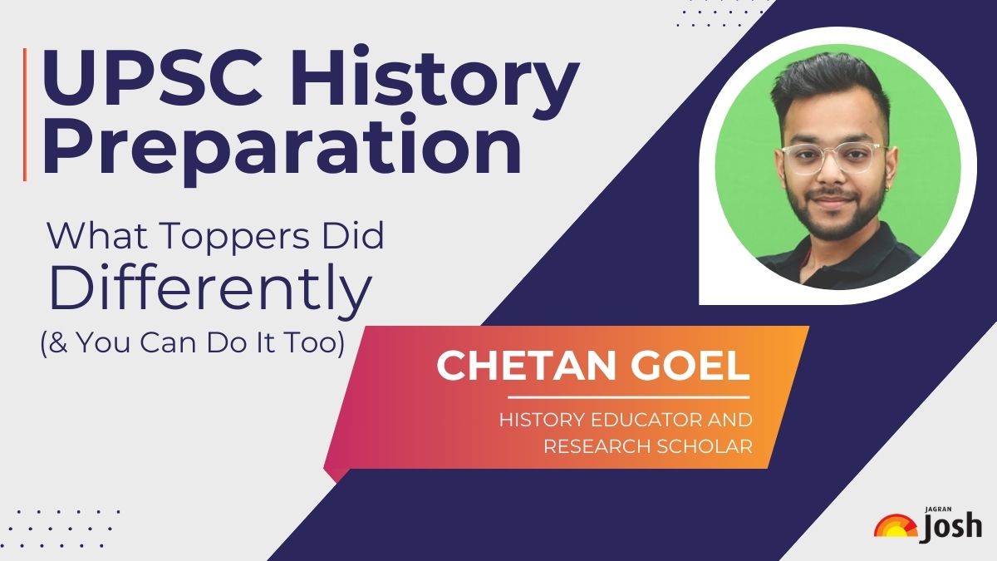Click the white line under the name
pyautogui.click(x=628, y=398)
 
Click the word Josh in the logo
pyautogui.click(x=952, y=527)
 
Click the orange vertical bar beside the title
pyautogui.click(x=26, y=114)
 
